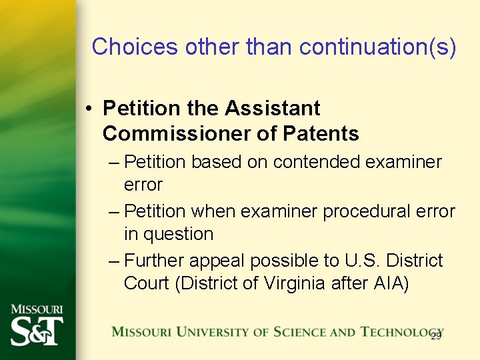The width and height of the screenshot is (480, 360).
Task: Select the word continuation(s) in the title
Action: tap(378, 47)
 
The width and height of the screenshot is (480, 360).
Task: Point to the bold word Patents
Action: tap(321, 134)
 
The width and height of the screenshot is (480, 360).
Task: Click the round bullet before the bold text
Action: tap(88, 108)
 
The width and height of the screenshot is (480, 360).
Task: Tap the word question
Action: tap(178, 235)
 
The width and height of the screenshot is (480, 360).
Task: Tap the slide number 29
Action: tap(436, 336)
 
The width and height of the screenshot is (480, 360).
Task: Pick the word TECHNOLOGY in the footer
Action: tap(402, 332)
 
